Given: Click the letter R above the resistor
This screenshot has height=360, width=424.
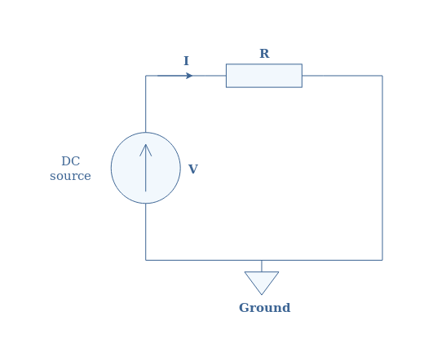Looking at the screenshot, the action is coord(264,54).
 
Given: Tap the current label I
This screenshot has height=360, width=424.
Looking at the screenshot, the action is coord(186,61).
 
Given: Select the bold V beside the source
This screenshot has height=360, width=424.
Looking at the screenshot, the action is coord(193,169).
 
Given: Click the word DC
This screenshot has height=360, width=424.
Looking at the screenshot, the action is coord(71,161).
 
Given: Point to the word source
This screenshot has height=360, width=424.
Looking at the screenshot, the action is coord(70,176).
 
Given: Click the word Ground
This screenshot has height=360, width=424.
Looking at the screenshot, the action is coord(265,308).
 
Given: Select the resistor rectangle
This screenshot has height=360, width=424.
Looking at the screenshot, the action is coord(264,76).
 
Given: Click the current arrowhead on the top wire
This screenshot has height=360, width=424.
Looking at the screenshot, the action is coord(189,76).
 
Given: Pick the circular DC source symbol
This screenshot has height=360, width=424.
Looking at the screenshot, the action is coord(146,168).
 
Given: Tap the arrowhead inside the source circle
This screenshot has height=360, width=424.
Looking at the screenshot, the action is coord(146,150).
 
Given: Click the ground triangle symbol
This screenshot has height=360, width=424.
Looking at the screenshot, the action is coord(262,283).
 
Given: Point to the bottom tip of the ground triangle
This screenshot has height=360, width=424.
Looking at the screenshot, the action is coord(262,295).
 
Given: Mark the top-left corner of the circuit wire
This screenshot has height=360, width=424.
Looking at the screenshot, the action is coord(146,76).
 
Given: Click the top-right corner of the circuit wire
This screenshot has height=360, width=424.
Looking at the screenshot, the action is coord(382,76).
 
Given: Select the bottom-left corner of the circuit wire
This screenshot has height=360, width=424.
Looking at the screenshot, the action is coord(146,260).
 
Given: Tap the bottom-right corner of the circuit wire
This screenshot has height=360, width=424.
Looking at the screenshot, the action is coord(382,260).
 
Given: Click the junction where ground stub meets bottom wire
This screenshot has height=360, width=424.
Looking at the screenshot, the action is coord(262,260).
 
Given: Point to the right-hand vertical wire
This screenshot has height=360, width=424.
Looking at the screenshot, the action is coord(382,168).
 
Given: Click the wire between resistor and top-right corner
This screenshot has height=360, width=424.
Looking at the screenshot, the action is coord(342,76).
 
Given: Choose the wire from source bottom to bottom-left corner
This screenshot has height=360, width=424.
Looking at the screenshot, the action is coord(146,231).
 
